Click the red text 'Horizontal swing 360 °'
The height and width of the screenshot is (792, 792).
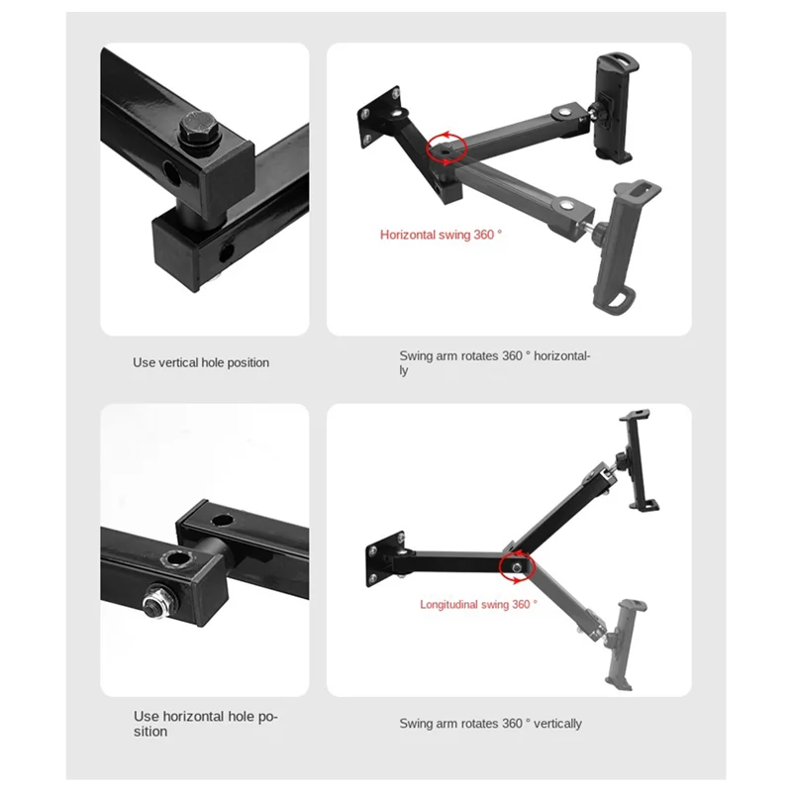(441, 235)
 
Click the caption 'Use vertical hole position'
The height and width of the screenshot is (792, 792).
(201, 362)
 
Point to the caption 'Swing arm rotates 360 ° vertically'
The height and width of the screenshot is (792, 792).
(490, 724)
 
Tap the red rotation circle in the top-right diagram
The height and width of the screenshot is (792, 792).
(446, 148)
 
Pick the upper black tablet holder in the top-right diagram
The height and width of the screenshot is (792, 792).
(612, 108)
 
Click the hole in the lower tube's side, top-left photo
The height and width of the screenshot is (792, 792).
(226, 251)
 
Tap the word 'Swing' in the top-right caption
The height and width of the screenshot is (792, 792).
(416, 355)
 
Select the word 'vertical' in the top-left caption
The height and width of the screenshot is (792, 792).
(178, 362)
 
